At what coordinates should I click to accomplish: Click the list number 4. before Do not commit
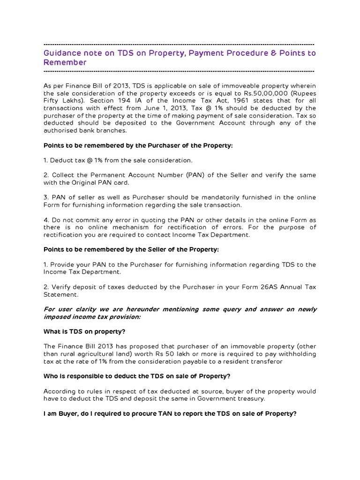tap(46, 220)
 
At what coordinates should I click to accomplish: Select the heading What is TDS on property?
tap(84, 331)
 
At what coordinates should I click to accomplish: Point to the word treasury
tap(251, 398)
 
